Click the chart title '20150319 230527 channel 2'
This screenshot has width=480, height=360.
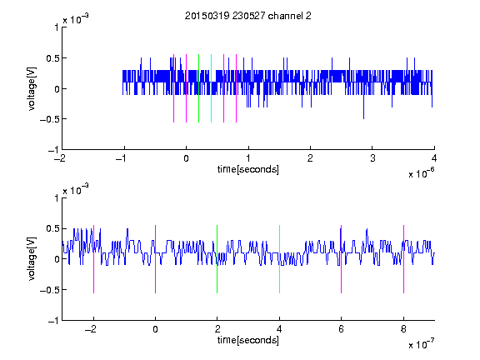coord(248,16)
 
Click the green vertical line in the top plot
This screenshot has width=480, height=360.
coord(198,88)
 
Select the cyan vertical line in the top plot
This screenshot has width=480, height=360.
coord(211,88)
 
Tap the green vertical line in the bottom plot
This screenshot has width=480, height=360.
coord(217,259)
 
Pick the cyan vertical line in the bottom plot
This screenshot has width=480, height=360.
coord(279,259)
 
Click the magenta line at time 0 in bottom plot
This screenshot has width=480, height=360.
coord(155,259)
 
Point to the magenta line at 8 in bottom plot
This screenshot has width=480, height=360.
coord(403,259)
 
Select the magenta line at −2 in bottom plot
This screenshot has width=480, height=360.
coord(93,259)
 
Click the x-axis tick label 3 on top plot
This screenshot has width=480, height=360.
coord(372,158)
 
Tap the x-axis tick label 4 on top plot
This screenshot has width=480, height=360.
coord(434,158)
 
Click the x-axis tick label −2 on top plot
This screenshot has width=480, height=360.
coord(59,158)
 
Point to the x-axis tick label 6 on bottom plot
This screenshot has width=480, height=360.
coord(342,329)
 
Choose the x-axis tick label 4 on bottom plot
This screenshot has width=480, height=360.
coord(279,329)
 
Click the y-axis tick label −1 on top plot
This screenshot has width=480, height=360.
coord(53,150)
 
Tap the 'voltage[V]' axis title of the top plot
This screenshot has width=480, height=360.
coord(32,88)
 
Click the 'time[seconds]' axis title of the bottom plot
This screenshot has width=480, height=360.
coord(248,340)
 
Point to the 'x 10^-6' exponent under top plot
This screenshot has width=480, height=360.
coord(421,173)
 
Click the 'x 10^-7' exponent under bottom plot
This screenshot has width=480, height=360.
coord(421,344)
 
